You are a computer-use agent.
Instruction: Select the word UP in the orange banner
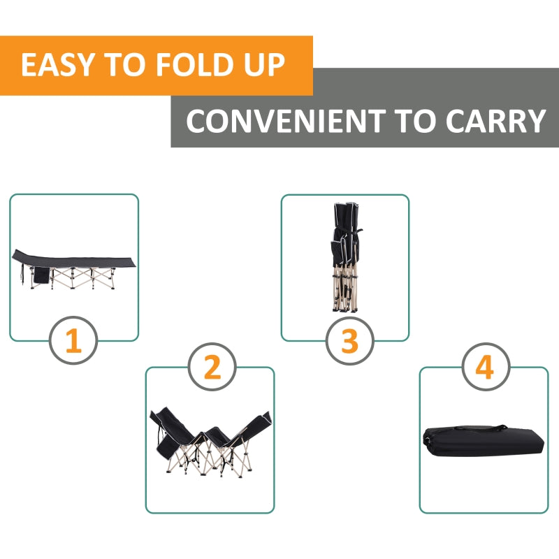(263, 65)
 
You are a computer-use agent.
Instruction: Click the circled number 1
(73, 342)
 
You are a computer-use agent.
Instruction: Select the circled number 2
(212, 368)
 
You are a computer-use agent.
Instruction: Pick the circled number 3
(349, 342)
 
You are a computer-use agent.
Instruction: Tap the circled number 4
(484, 368)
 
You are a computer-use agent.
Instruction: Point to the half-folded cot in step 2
(210, 440)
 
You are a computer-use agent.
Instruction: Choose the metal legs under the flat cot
(84, 277)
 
